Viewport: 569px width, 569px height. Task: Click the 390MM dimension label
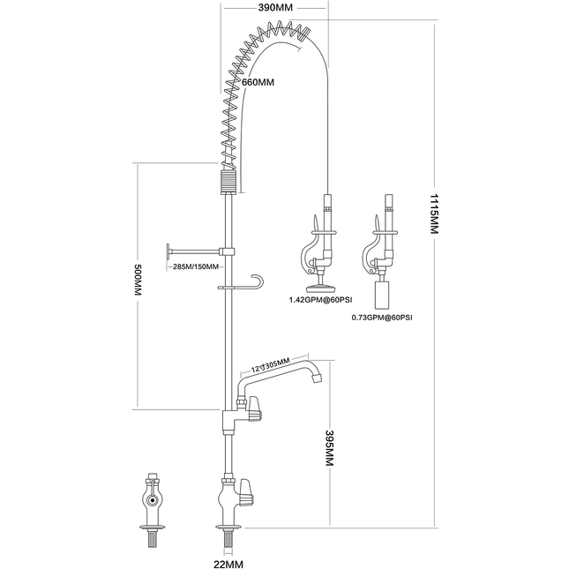(275, 8)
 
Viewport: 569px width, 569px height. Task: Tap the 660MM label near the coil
(258, 83)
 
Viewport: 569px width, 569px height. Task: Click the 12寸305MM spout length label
(271, 363)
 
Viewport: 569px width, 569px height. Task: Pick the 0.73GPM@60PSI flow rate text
(382, 317)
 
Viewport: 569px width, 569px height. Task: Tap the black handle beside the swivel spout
(255, 408)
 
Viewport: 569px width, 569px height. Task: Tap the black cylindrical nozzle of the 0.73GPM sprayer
(383, 296)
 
